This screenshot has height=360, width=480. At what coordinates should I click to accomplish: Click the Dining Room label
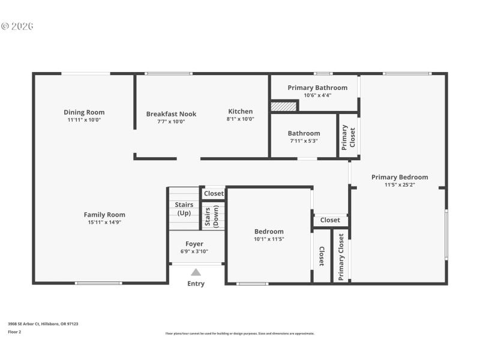click(x=84, y=112)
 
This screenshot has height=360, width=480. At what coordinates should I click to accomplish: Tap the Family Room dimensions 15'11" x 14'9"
click(x=104, y=223)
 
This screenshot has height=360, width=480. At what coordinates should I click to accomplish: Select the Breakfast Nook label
click(x=171, y=114)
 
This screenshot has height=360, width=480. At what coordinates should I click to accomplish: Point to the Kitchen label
click(x=240, y=111)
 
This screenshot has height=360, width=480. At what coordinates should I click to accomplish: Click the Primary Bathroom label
click(x=317, y=88)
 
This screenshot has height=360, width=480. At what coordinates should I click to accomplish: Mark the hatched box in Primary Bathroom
click(x=284, y=106)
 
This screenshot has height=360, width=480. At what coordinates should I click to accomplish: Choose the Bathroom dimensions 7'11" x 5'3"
click(x=304, y=141)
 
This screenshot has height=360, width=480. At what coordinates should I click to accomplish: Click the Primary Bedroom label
click(x=400, y=177)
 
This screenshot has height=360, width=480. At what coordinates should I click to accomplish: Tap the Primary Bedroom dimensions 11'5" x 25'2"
click(x=400, y=185)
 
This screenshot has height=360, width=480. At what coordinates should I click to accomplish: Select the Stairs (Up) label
click(x=184, y=209)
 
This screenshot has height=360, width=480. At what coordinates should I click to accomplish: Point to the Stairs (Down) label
click(x=212, y=217)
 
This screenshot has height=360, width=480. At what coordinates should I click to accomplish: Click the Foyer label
click(x=194, y=244)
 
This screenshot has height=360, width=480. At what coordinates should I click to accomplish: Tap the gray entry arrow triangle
click(x=196, y=272)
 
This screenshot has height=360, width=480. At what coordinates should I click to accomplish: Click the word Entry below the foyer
click(x=196, y=284)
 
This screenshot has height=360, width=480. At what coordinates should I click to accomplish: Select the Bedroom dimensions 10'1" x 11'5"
click(x=269, y=239)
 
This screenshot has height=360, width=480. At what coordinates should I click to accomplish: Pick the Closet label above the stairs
click(x=214, y=193)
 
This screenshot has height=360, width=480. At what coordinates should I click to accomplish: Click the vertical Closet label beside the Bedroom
click(x=322, y=257)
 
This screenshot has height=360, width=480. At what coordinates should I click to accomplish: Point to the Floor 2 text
click(x=14, y=331)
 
